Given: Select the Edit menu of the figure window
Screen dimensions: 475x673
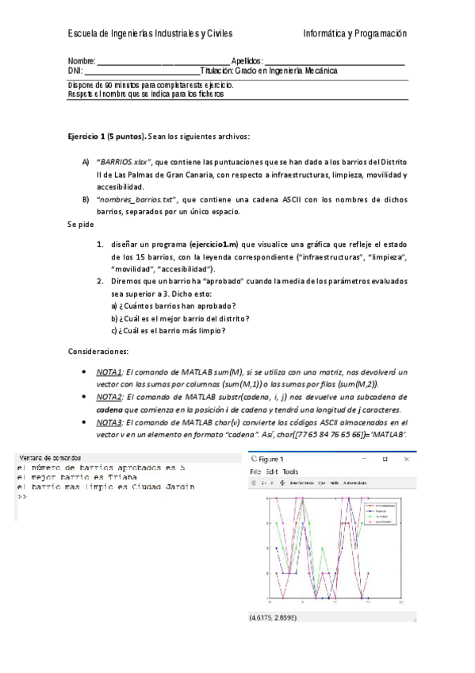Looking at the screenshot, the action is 274,471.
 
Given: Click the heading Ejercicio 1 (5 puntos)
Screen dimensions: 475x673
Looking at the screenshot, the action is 107,136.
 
